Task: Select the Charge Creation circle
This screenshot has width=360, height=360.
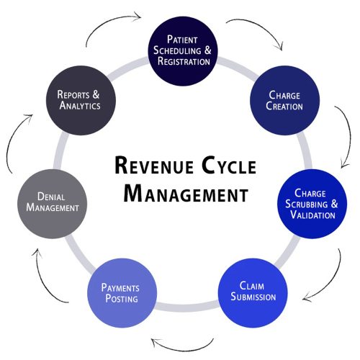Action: pyautogui.click(x=285, y=101)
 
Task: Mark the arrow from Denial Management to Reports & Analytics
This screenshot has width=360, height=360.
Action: pyautogui.click(x=18, y=140)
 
